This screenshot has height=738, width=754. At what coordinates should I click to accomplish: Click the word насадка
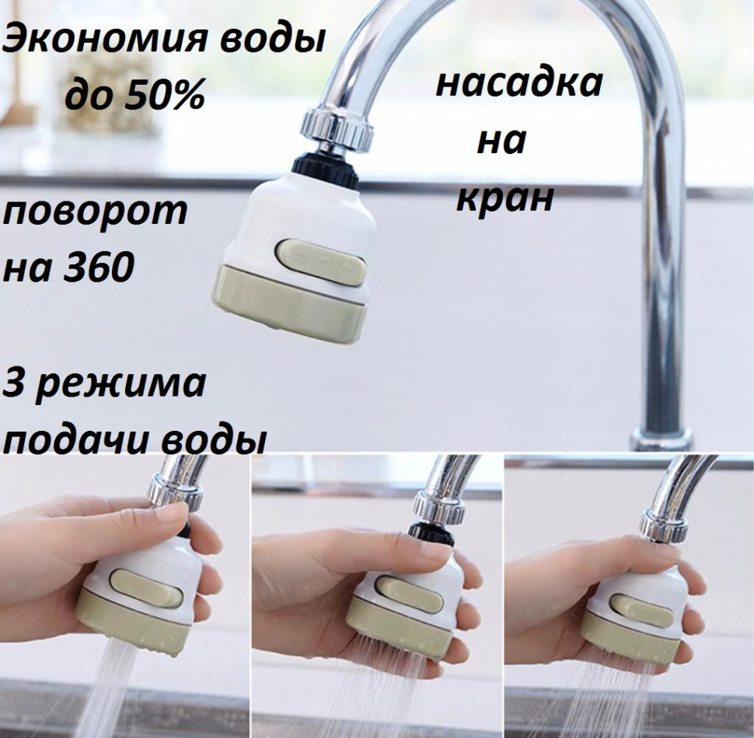pos(518,82)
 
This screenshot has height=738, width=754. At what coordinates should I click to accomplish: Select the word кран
pos(505,199)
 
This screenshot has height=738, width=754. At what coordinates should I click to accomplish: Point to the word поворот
pos(95,212)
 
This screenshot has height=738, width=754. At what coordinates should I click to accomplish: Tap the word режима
pos(120,385)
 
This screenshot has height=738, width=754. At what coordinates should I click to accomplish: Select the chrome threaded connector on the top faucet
pos(337,128)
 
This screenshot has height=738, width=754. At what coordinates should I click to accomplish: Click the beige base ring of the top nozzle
pos(288,303)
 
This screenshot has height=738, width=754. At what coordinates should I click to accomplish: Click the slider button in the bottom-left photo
pos(147,588)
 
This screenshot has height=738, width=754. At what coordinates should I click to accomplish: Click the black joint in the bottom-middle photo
pos(431,534)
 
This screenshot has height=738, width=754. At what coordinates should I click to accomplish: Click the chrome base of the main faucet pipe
pos(661,439)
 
